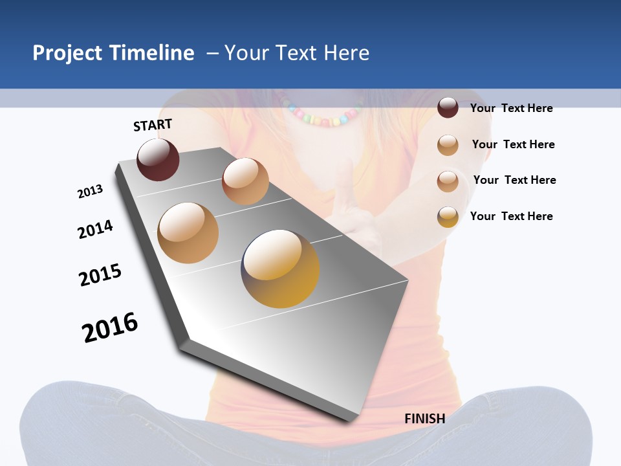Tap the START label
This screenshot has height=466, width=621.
pos(153,125)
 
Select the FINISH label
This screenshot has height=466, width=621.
pos(424,419)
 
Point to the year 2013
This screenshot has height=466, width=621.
pos(90,192)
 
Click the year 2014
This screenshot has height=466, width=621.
pos(95,229)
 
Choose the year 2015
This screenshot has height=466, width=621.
pos(100,275)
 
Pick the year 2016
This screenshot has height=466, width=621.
pos(110,327)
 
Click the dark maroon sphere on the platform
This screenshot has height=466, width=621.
pos(158,160)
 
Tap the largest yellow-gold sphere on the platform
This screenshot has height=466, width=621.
pos(280,269)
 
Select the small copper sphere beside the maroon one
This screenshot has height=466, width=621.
pos(245,181)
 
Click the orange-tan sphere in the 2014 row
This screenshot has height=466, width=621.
pos(188,233)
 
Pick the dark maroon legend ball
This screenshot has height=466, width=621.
pos(448,107)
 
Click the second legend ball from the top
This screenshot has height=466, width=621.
pos(448,145)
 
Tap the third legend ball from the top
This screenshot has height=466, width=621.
pos(448,181)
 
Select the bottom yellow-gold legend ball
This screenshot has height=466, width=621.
pos(448,217)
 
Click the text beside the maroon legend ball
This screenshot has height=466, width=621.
pos(511,108)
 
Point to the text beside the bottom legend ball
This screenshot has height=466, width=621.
pos(511,216)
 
